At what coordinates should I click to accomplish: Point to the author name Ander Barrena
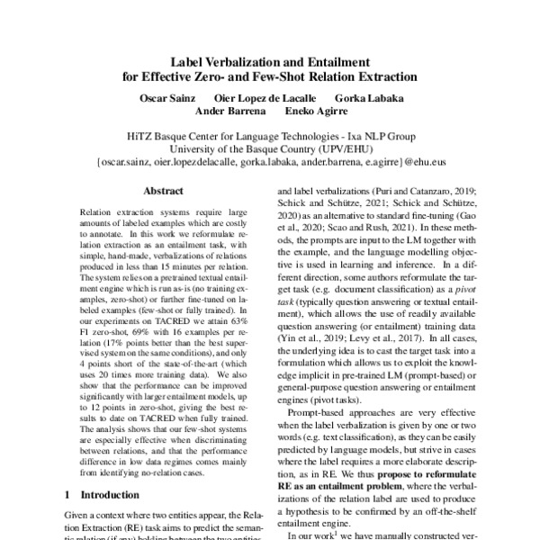click(x=229, y=112)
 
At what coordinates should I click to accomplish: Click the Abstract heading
click(x=165, y=191)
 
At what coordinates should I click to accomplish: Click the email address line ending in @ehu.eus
click(x=270, y=165)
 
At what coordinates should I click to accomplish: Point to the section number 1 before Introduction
click(x=69, y=495)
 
